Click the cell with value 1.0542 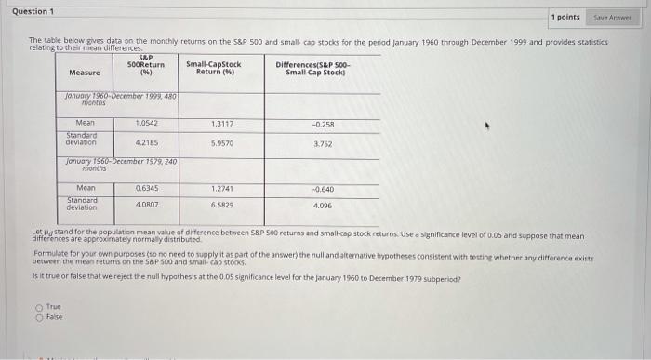tap(147, 123)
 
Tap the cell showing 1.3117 tap(223, 123)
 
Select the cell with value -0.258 tap(323, 124)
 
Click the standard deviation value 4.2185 tap(147, 142)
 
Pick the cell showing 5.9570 tap(223, 143)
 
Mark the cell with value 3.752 tap(323, 143)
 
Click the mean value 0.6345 tap(147, 188)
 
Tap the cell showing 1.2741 tap(223, 188)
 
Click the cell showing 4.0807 tap(147, 204)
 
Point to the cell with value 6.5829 tap(223, 204)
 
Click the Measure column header tap(85, 73)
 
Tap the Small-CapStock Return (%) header tap(213, 68)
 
